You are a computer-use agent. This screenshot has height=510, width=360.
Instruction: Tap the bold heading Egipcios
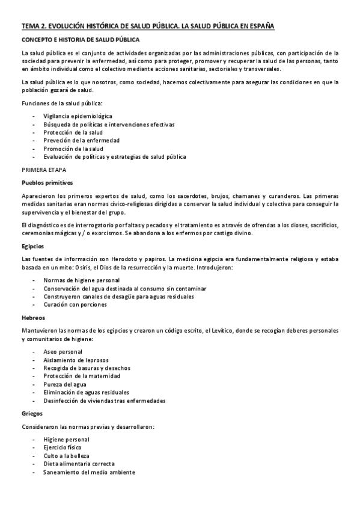click(x=32, y=247)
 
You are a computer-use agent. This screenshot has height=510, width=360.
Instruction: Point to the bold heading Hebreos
click(x=33, y=318)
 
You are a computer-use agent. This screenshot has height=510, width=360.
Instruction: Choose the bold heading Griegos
click(x=32, y=414)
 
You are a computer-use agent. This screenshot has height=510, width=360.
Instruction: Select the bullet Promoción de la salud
click(x=74, y=149)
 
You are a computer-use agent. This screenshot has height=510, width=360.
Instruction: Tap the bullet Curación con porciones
click(x=75, y=305)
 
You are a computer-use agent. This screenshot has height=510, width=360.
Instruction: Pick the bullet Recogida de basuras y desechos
click(x=87, y=367)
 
